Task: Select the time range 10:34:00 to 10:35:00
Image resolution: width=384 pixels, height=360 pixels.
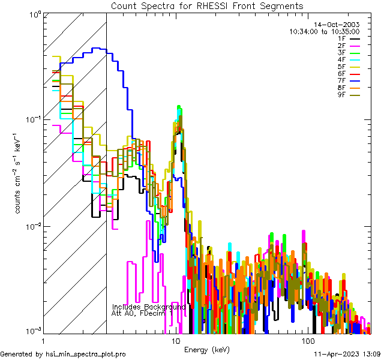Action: pyautogui.click(x=324, y=31)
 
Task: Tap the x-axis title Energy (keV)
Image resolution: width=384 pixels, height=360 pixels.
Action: pyautogui.click(x=206, y=349)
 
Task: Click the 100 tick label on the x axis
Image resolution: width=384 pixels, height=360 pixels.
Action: pyautogui.click(x=308, y=340)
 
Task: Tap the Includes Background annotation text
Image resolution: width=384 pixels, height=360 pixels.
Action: pyautogui.click(x=149, y=307)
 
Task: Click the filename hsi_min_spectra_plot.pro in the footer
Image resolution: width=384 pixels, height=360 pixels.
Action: pyautogui.click(x=86, y=354)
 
